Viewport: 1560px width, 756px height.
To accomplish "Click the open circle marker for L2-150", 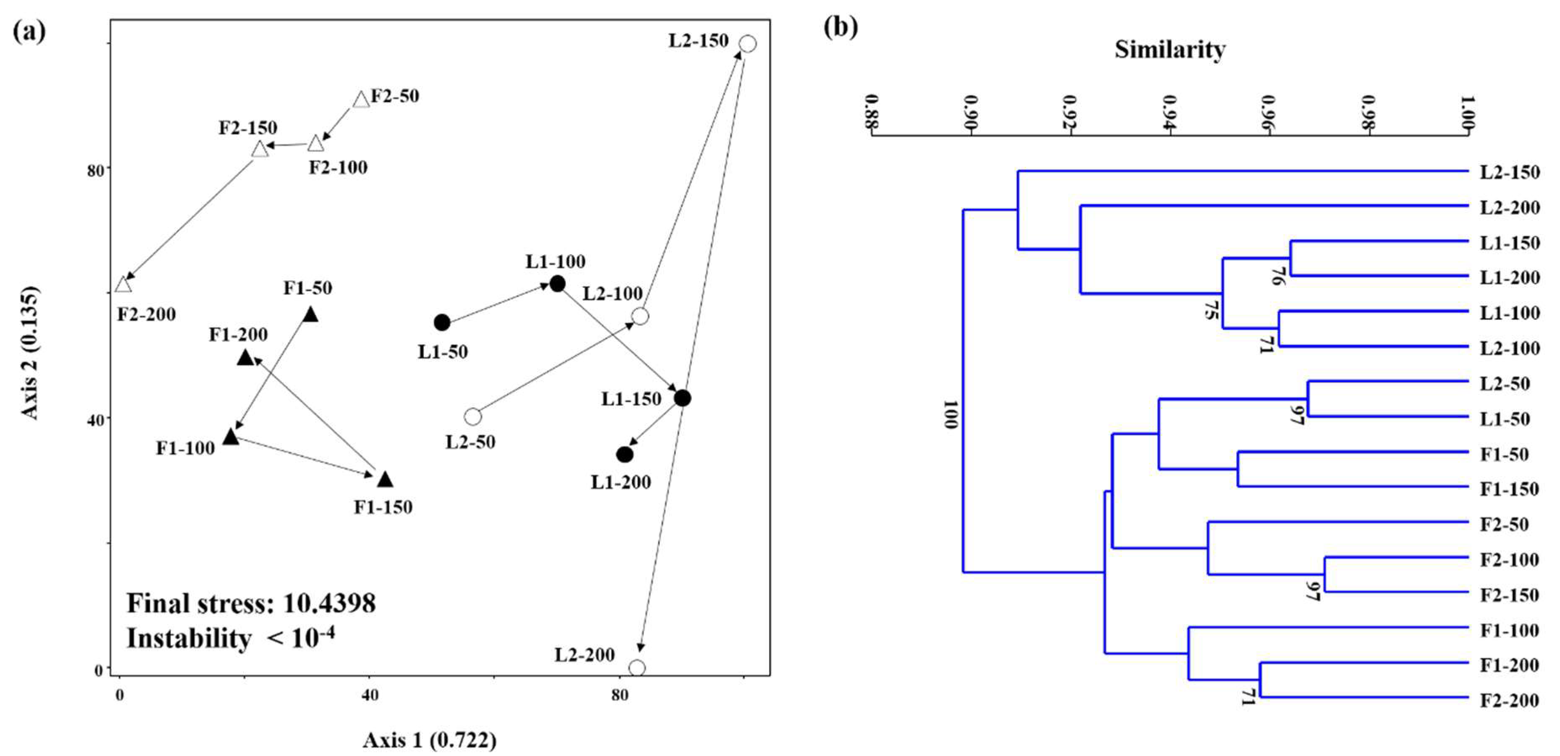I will [748, 44].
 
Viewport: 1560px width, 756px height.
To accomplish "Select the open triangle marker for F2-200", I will [123, 284].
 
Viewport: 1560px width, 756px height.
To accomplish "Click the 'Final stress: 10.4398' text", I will [251, 603].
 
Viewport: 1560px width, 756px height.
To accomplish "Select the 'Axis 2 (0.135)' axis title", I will [30, 353].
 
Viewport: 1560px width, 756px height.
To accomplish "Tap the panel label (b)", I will [840, 27].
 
